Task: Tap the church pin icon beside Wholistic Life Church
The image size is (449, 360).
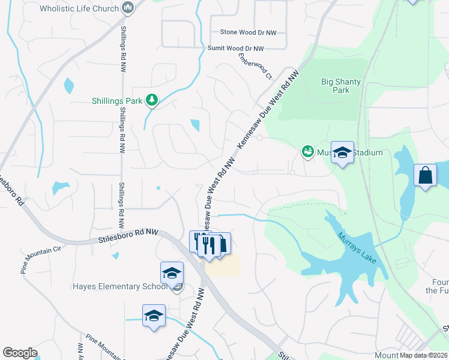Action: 127,8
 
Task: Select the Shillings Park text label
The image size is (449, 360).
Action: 116,101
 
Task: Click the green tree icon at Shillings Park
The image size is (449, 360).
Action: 152,100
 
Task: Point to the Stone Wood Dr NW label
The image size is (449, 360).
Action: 248,32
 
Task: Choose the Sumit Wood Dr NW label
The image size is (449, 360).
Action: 235,49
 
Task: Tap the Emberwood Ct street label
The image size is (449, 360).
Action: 255,67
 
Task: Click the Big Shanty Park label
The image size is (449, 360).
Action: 335,86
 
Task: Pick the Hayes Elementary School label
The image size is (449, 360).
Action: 120,286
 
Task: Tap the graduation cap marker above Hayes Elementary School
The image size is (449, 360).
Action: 172,272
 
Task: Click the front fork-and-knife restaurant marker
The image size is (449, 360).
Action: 208,245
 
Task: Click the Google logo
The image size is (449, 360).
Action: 20,353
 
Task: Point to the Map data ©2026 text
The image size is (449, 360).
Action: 423,355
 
